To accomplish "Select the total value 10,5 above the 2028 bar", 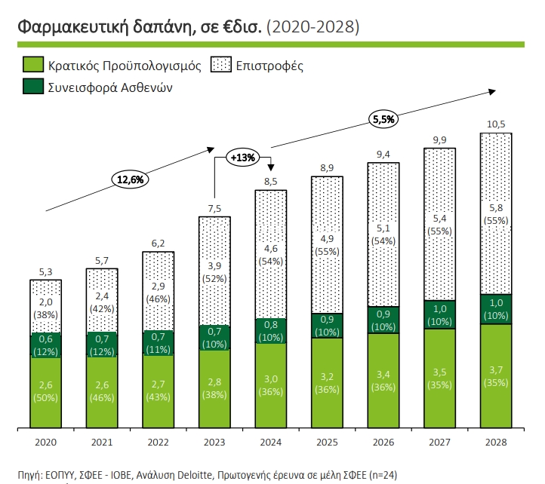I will coord(495,124).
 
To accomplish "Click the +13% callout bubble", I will coord(243,158).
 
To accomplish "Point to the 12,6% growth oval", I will coord(129,179).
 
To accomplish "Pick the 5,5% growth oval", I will coord(384,118).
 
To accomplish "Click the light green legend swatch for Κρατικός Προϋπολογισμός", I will coord(33,65).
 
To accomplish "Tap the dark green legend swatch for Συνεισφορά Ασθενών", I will coord(33,87).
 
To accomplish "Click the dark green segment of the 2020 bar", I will coord(45,345).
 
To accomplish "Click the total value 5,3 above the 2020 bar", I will coord(45,271).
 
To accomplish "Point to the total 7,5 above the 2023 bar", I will coord(214,207).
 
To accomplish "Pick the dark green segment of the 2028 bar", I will coord(495,309).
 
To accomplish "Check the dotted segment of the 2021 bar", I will coord(102,299).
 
